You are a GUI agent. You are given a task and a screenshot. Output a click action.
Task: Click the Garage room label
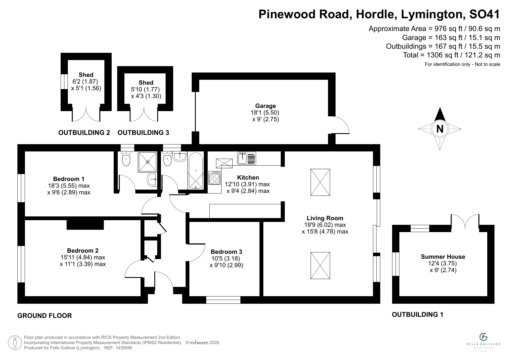pos(265,106)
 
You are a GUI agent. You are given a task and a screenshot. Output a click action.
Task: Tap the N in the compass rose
pos(440,129)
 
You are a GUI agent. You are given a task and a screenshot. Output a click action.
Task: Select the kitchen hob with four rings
pos(215,178)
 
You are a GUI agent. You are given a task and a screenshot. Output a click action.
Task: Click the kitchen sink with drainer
pos(247,158)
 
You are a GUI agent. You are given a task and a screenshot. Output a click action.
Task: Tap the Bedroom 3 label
pos(226,252)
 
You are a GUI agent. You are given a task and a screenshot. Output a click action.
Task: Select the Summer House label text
pos(443,257)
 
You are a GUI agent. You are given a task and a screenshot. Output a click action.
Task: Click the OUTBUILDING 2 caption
pos(84,133)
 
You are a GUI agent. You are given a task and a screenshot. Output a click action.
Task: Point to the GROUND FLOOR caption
pos(44,316)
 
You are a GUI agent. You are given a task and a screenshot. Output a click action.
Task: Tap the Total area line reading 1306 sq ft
pos(451,55)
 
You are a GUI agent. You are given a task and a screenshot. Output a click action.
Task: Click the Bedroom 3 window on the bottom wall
pos(223,300)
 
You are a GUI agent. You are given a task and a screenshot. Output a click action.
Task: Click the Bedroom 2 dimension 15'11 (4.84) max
pos(83,257)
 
